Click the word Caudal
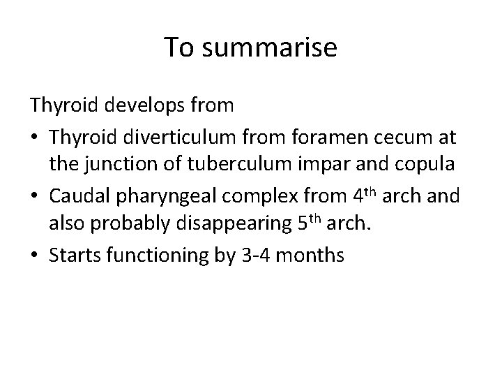click(x=77, y=196)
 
